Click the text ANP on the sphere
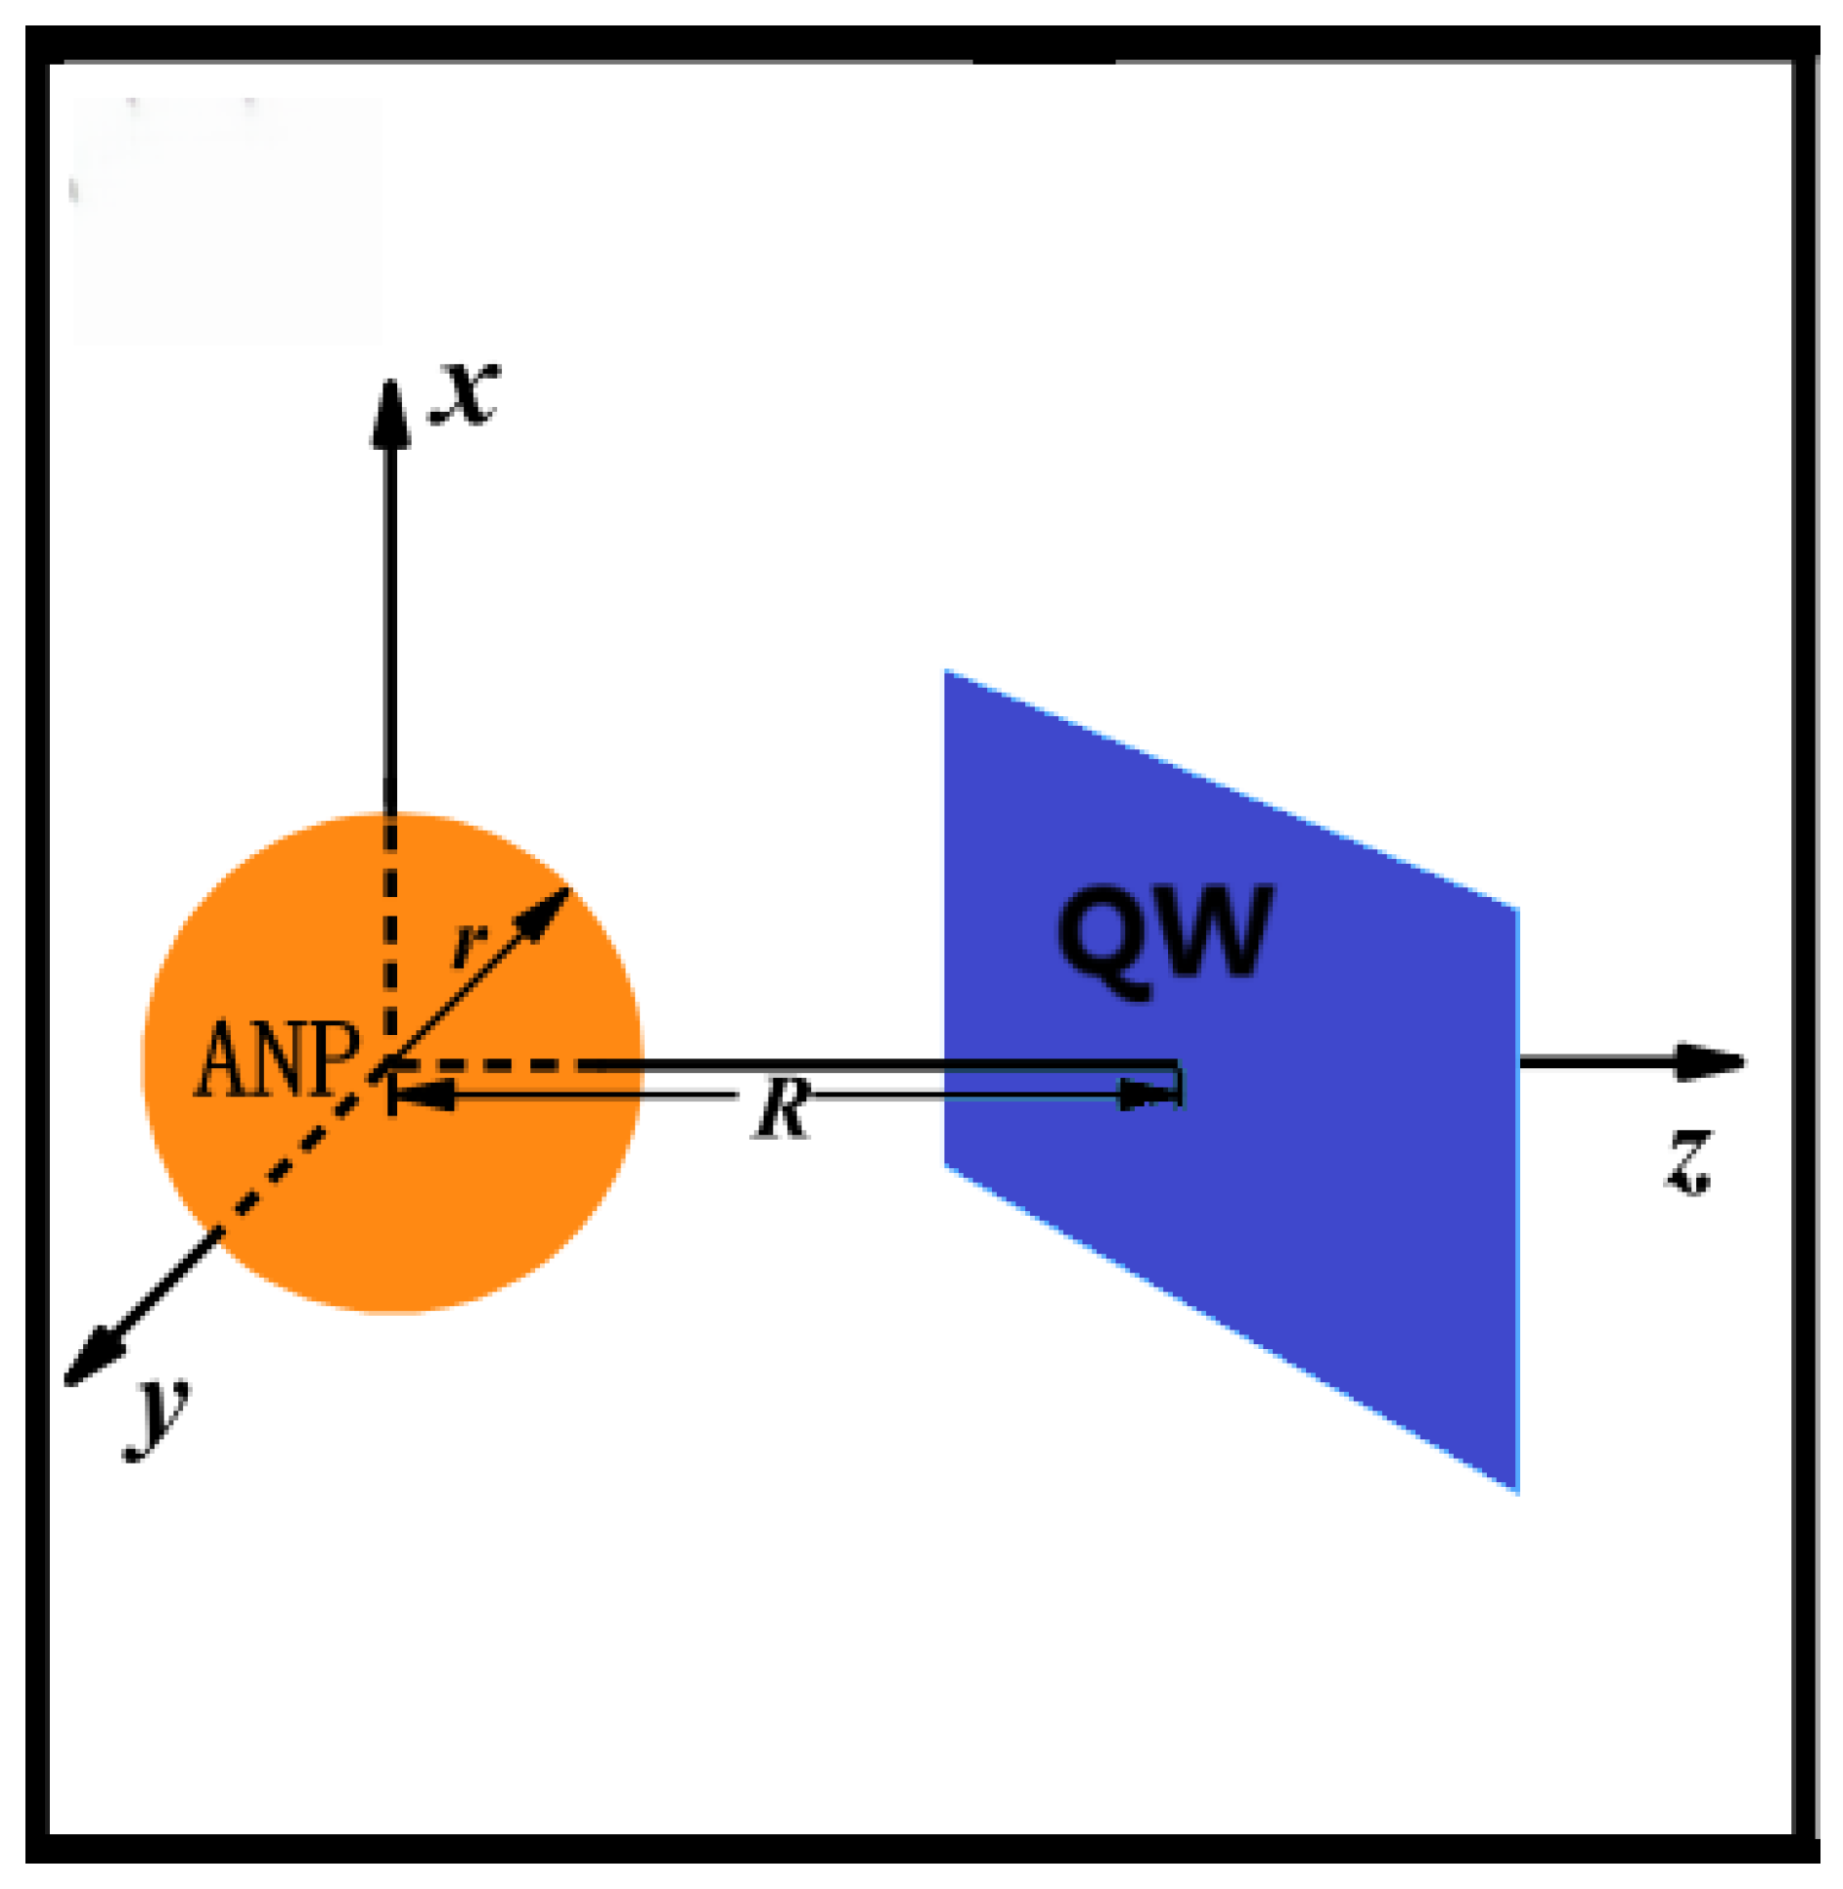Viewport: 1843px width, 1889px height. pyautogui.click(x=278, y=1060)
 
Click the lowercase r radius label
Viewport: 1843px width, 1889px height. pyautogui.click(x=470, y=943)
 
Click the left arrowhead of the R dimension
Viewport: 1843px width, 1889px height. pyautogui.click(x=421, y=1096)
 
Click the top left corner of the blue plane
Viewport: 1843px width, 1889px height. pyautogui.click(x=946, y=673)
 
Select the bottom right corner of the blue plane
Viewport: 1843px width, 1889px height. pyautogui.click(x=1516, y=1492)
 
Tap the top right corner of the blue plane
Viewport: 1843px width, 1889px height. pyautogui.click(x=1516, y=910)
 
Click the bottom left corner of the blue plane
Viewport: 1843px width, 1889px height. pyautogui.click(x=946, y=1166)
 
